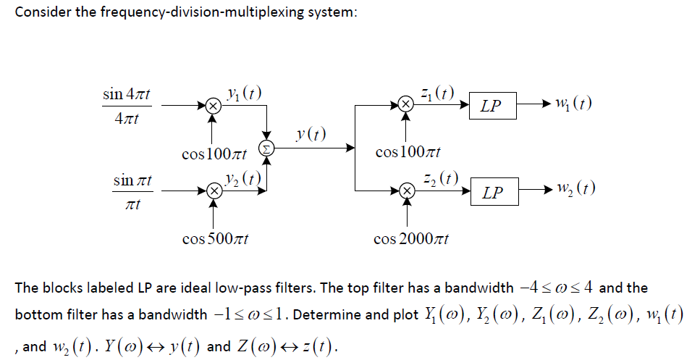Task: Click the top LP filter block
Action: (491, 106)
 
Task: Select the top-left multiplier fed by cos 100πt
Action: (212, 106)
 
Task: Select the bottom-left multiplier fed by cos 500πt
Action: (212, 192)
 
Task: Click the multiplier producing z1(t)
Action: (407, 106)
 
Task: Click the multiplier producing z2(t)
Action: (407, 192)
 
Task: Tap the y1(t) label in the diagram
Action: (242, 93)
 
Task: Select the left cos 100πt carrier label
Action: (214, 154)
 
